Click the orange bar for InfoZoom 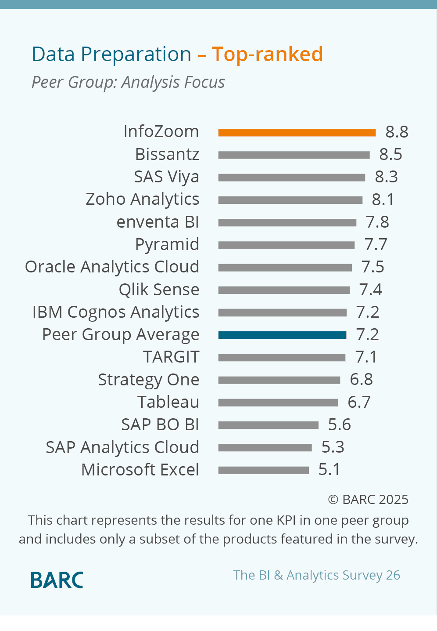297,132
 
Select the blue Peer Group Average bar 282,335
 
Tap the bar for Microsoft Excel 264,470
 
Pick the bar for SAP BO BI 268,425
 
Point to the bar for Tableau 278,403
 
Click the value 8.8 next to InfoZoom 397,132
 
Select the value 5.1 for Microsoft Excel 329,470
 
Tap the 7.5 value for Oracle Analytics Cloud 373,267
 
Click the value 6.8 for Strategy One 361,380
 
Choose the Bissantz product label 167,154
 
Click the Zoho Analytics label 142,199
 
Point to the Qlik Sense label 159,290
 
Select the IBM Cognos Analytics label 116,312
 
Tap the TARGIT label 171,357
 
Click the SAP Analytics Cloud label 122,447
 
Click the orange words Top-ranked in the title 267,54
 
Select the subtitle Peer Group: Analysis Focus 128,82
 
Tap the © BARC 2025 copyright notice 368,500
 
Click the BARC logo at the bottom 57,580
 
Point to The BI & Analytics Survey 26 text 316,575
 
